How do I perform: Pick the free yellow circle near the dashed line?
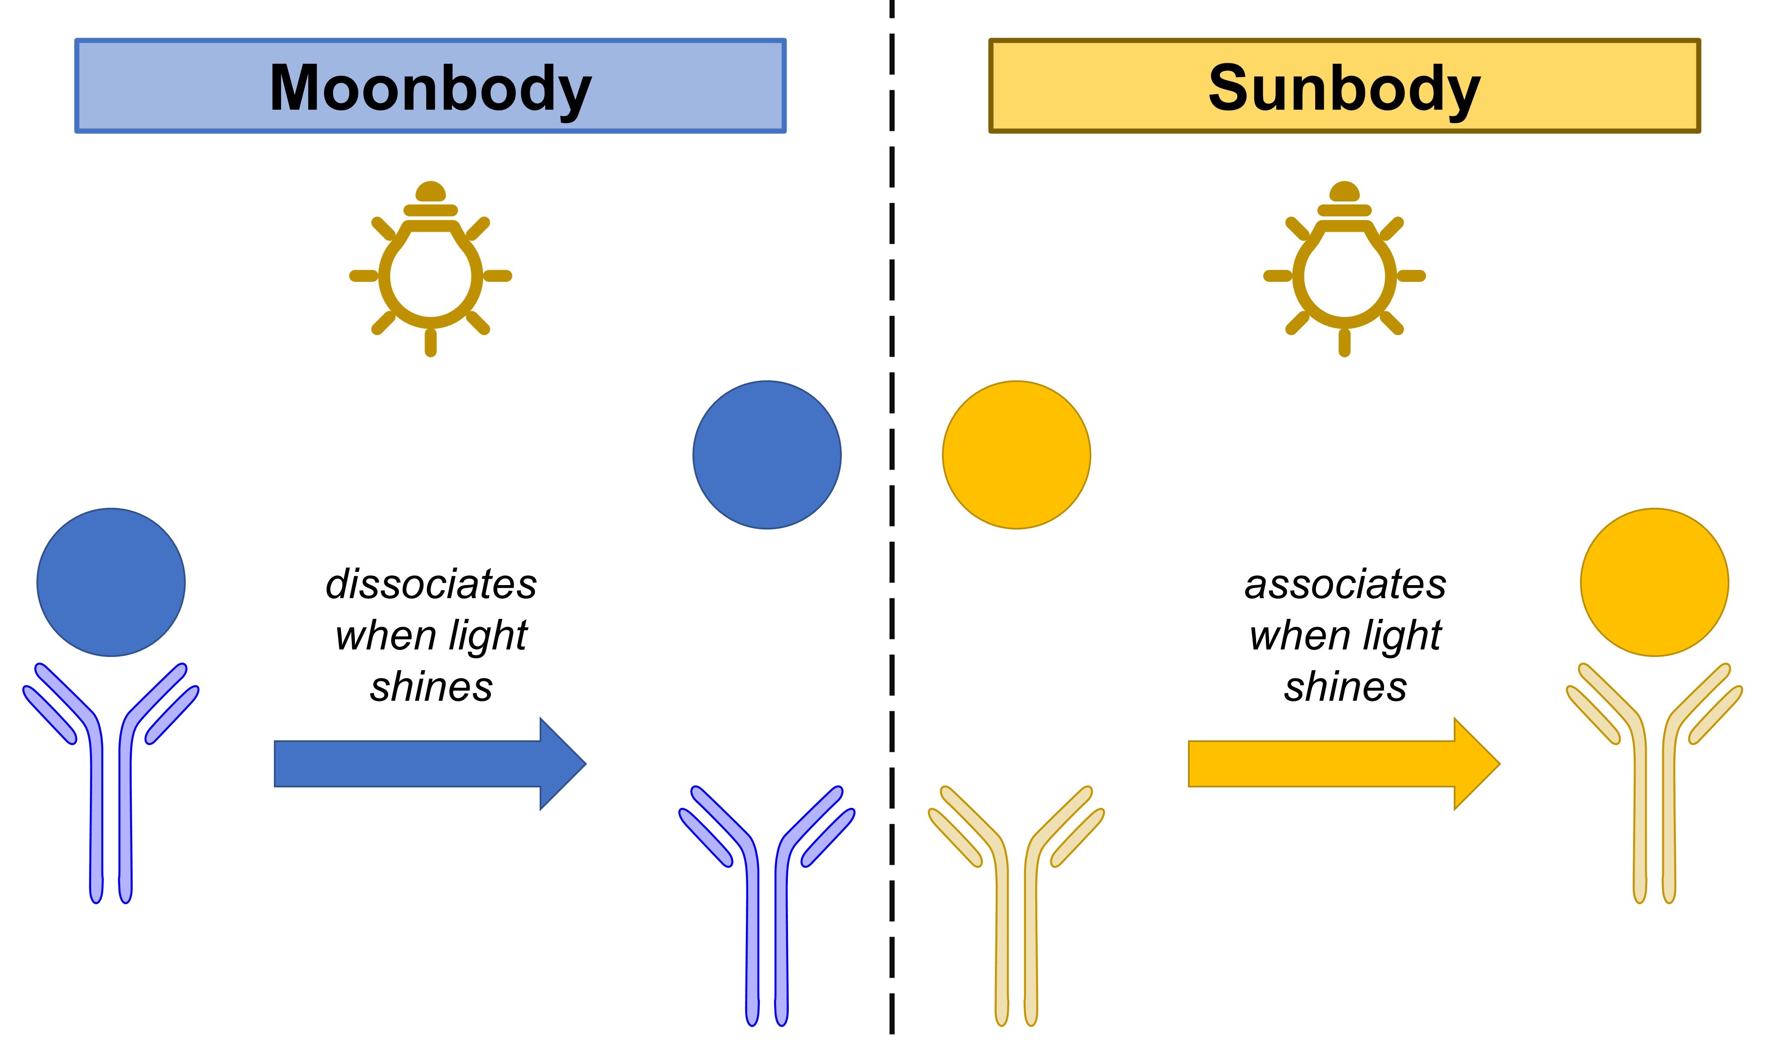click(1016, 455)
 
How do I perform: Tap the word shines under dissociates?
click(431, 687)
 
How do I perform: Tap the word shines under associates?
click(1345, 687)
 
